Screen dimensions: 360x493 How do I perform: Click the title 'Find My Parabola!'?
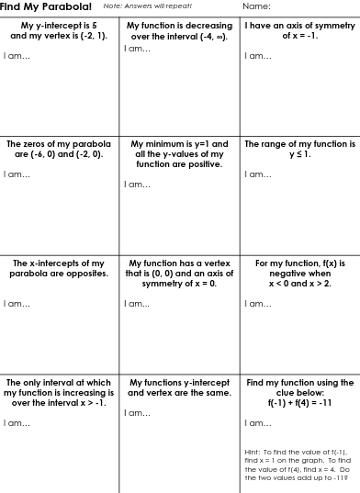(45, 6)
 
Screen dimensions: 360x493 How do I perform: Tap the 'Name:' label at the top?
(257, 6)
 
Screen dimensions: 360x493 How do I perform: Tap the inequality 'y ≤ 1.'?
(299, 155)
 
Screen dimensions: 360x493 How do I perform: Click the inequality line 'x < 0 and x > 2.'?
(299, 284)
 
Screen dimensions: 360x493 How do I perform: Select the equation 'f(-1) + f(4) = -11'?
(299, 403)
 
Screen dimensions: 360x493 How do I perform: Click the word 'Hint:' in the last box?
(253, 453)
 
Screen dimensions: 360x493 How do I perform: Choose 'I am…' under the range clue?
(257, 174)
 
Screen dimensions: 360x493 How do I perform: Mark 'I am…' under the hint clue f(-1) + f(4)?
(257, 423)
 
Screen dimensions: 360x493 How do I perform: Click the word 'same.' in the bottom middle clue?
(219, 393)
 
